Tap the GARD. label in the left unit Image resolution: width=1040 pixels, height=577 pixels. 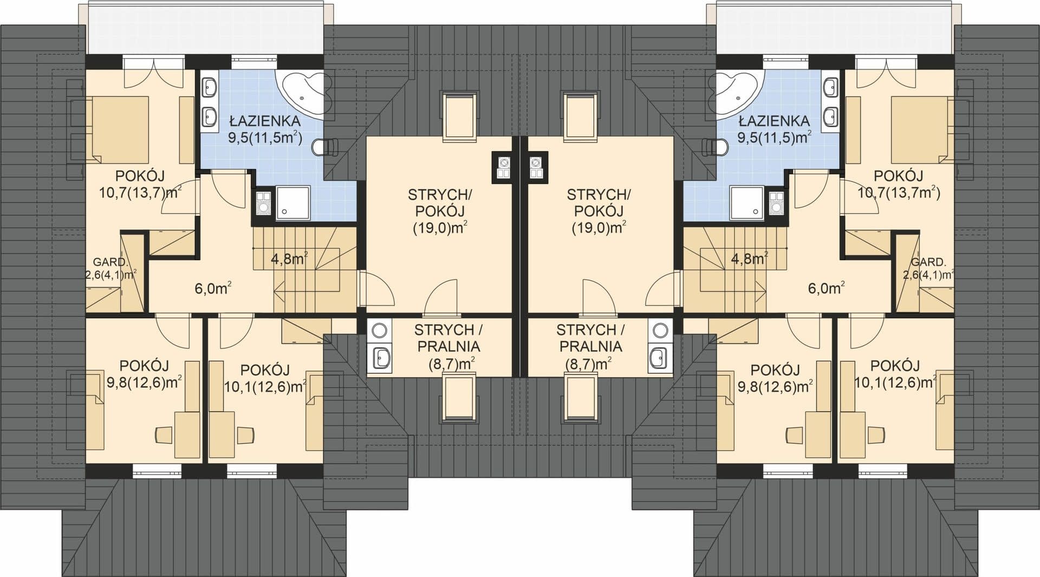[x=110, y=262]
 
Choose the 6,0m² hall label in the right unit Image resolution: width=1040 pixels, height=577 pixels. [x=825, y=288]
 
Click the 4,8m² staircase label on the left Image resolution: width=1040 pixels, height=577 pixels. [x=289, y=258]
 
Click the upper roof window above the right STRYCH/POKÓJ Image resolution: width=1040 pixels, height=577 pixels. [x=581, y=117]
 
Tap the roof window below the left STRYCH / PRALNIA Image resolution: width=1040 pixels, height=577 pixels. [x=460, y=399]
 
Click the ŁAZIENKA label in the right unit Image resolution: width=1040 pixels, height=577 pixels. [x=774, y=120]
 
